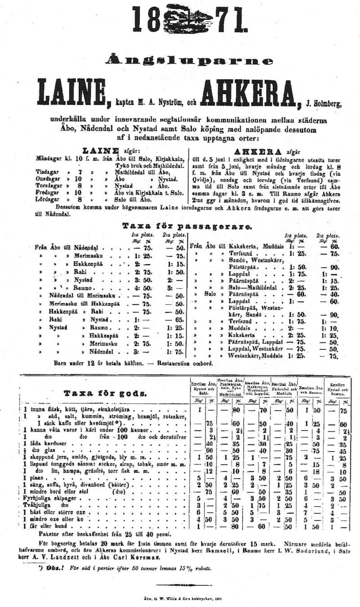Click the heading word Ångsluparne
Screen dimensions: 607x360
(189, 60)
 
